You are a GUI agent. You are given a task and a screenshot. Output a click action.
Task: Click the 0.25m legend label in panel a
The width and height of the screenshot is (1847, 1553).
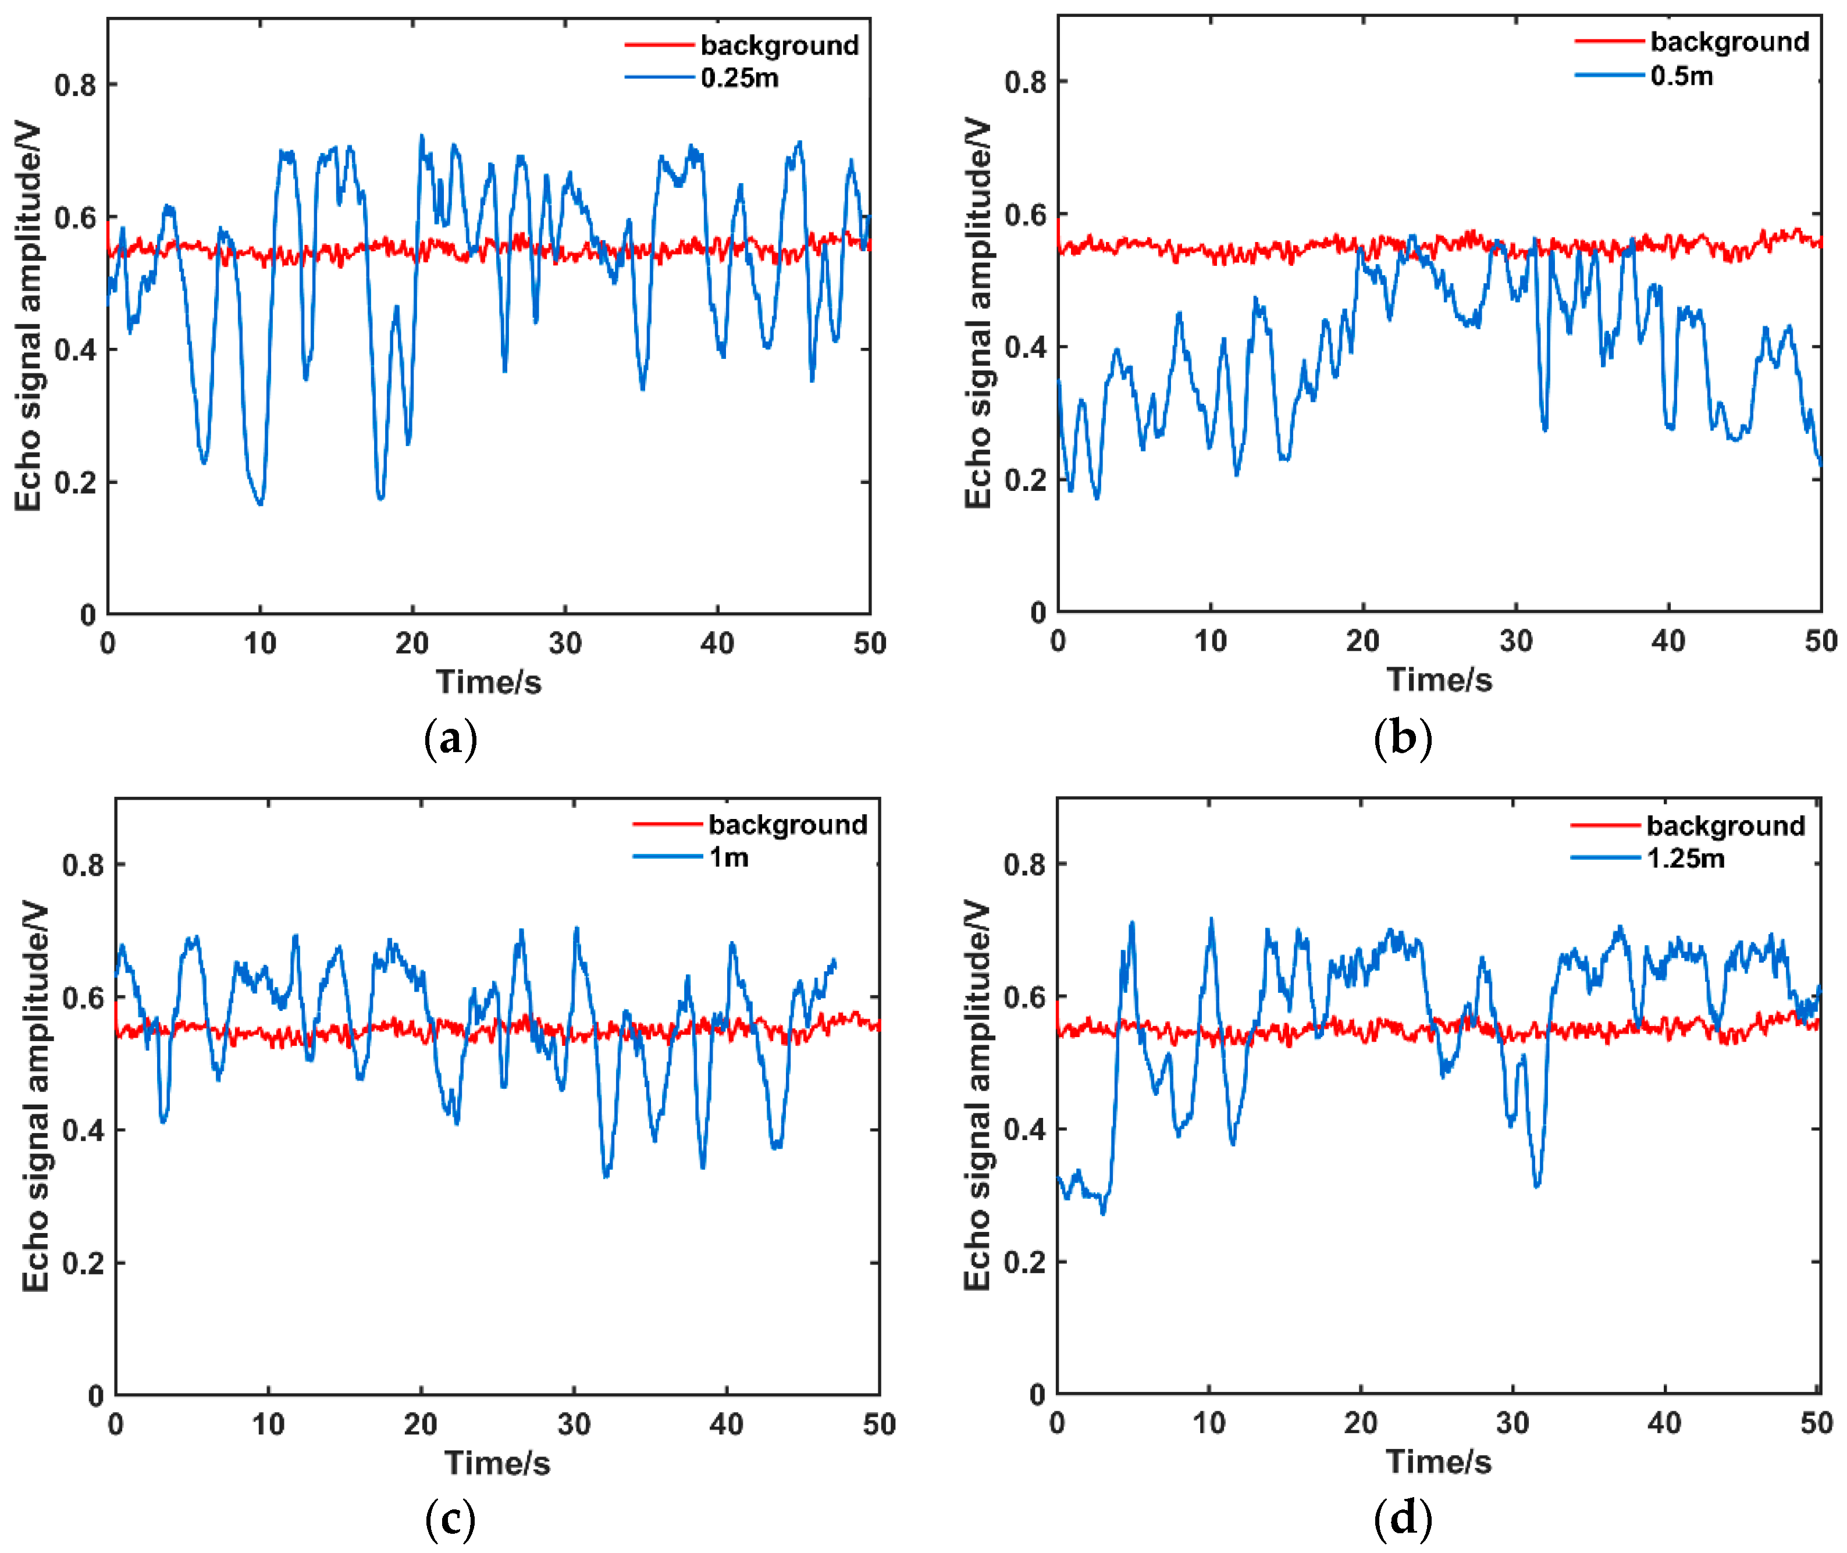(x=739, y=79)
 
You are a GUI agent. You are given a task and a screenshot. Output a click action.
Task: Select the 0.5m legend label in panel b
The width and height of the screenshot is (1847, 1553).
(x=1681, y=76)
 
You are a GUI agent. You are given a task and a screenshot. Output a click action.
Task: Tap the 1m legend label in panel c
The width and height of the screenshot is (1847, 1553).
(x=728, y=857)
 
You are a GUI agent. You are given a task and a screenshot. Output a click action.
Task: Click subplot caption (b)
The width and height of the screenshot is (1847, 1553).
(x=1401, y=738)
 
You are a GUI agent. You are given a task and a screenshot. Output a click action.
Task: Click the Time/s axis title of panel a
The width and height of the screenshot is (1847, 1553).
(x=489, y=682)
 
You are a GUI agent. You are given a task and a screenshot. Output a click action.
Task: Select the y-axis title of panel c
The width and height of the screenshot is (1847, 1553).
(x=35, y=1096)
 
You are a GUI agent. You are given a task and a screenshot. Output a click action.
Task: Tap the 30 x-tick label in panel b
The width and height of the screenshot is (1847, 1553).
(x=1515, y=641)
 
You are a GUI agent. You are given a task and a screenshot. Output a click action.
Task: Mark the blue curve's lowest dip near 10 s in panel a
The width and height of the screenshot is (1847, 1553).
(x=259, y=503)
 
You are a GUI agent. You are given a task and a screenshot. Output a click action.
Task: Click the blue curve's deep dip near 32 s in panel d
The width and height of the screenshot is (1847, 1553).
(x=1536, y=1186)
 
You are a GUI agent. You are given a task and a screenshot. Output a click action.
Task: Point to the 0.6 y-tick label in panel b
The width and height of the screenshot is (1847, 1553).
(x=1025, y=214)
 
